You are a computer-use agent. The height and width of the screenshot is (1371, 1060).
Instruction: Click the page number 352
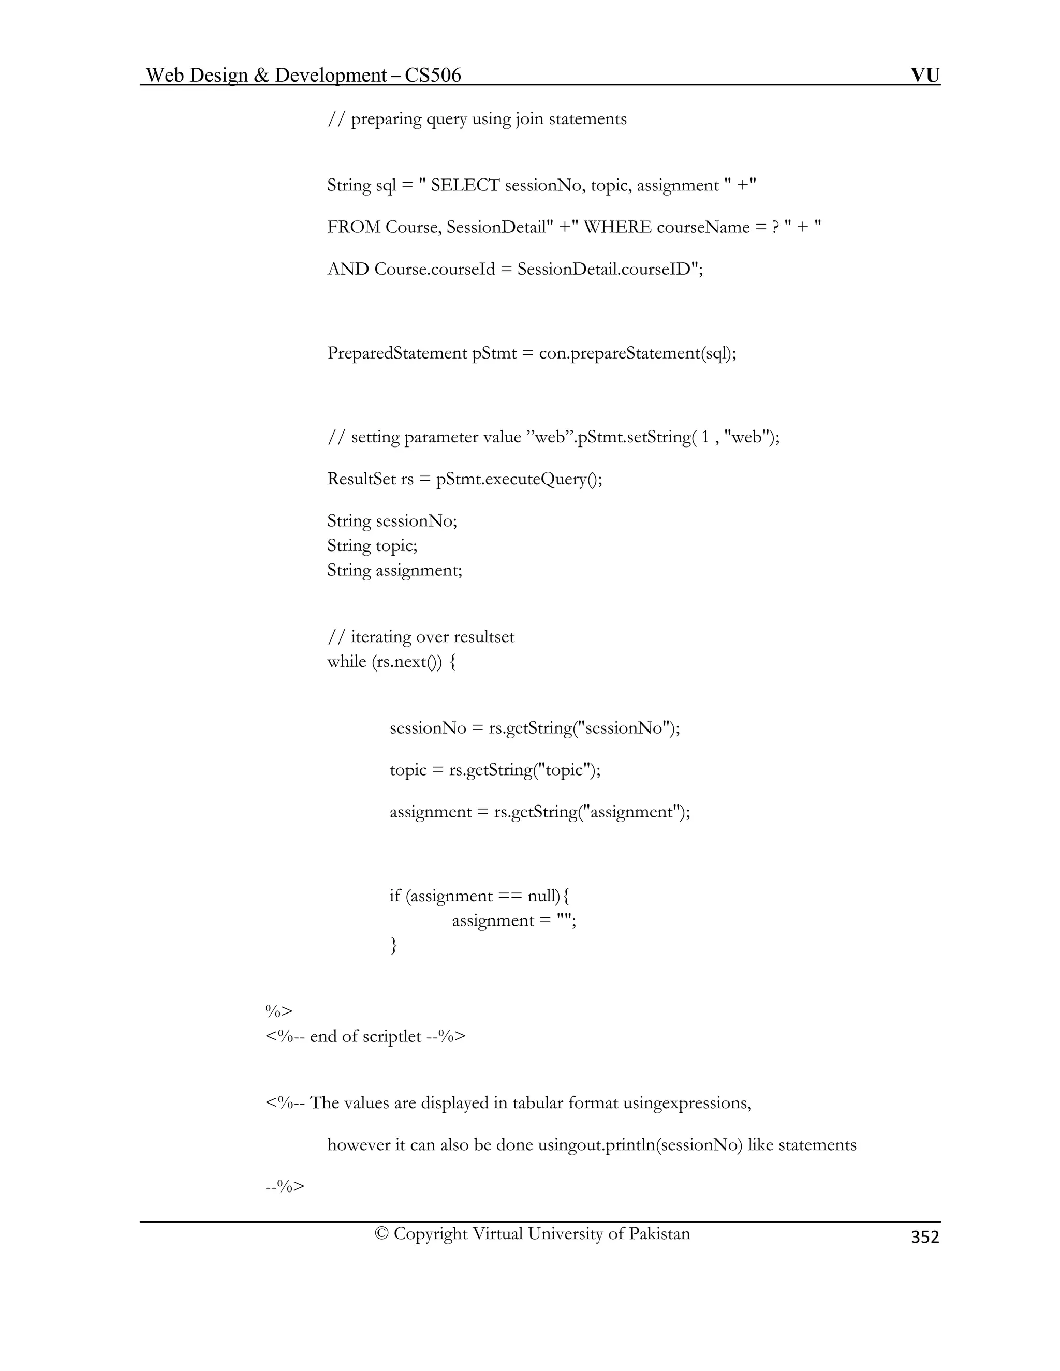pyautogui.click(x=924, y=1236)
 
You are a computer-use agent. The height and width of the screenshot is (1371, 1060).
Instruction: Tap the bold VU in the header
pyautogui.click(x=925, y=76)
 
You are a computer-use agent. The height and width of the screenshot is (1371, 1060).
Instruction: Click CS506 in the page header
pyautogui.click(x=433, y=76)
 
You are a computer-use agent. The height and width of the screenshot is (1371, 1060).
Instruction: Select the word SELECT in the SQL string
pyautogui.click(x=465, y=185)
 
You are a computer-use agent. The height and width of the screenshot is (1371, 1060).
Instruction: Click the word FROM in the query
pyautogui.click(x=354, y=227)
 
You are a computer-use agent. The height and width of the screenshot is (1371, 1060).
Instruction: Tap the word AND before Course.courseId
pyautogui.click(x=348, y=270)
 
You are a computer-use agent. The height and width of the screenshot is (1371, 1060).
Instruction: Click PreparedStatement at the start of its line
pyautogui.click(x=397, y=353)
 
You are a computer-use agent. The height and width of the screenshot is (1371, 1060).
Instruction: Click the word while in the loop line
pyautogui.click(x=346, y=662)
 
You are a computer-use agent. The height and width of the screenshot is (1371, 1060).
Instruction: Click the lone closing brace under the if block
pyautogui.click(x=394, y=945)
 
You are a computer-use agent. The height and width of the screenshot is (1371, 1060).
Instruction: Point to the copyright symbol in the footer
pyautogui.click(x=381, y=1233)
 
